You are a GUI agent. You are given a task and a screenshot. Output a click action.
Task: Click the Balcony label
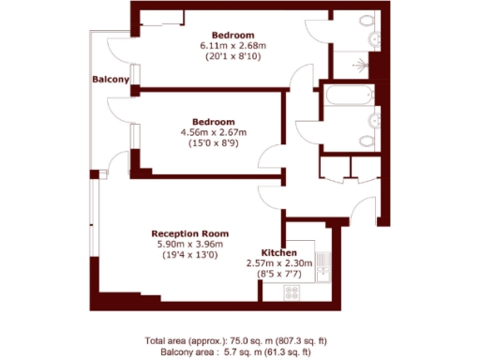tap(110, 80)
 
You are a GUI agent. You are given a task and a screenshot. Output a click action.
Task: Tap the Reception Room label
tap(190, 233)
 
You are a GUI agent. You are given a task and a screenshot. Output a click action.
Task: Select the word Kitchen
tap(279, 254)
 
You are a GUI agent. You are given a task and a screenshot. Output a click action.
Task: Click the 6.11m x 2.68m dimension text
tap(233, 45)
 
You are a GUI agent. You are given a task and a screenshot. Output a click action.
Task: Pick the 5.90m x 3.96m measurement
tap(190, 244)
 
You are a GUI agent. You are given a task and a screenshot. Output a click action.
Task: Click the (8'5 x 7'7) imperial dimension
tap(279, 275)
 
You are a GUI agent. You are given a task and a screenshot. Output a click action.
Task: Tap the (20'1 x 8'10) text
tap(233, 56)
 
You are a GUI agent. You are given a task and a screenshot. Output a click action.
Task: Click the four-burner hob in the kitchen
tap(292, 291)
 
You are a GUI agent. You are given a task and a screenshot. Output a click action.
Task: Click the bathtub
tap(349, 97)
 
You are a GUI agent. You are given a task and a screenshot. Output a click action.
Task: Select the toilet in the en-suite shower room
tap(374, 38)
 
